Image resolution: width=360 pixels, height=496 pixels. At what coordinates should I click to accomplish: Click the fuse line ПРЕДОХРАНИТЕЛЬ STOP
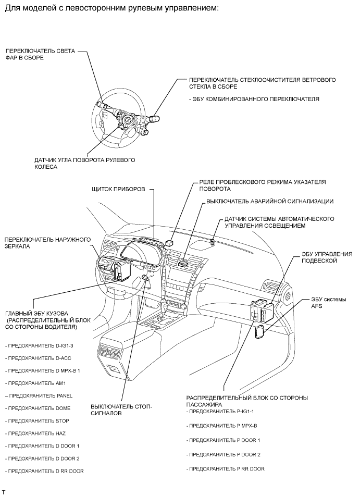[x=36, y=420]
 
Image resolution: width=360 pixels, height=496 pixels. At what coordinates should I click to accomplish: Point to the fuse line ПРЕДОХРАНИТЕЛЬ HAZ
[x=35, y=433]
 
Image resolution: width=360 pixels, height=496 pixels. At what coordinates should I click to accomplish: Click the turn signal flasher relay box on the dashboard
[x=169, y=242]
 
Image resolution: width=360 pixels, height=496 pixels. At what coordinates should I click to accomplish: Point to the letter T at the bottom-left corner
[x=4, y=492]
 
